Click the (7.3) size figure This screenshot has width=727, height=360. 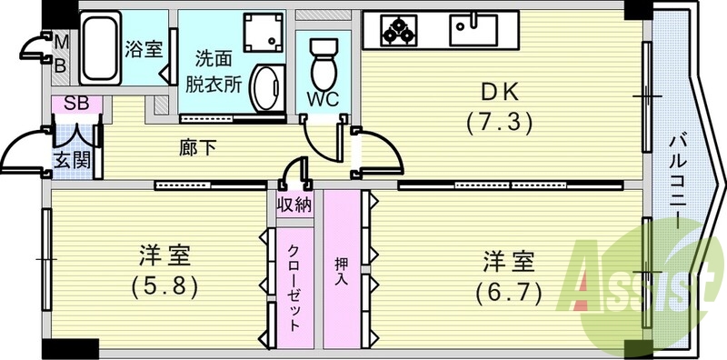497,120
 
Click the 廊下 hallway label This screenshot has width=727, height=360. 194,146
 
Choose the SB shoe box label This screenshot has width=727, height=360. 76,104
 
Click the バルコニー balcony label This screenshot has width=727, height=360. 679,182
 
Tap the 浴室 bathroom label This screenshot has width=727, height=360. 144,47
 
